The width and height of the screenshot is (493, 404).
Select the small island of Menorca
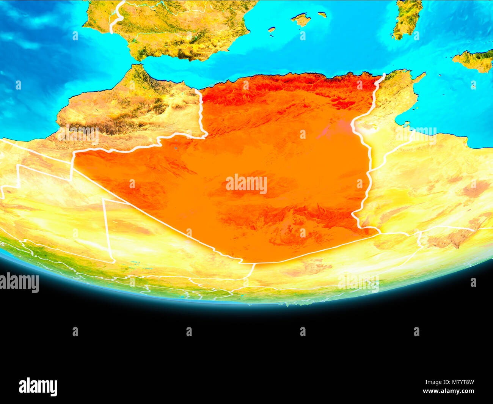pyautogui.click(x=322, y=15)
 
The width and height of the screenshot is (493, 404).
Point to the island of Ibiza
pyautogui.click(x=272, y=29)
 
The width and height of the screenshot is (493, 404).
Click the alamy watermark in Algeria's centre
pyautogui.click(x=246, y=184)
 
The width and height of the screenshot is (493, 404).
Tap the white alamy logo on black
pyautogui.click(x=38, y=387)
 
